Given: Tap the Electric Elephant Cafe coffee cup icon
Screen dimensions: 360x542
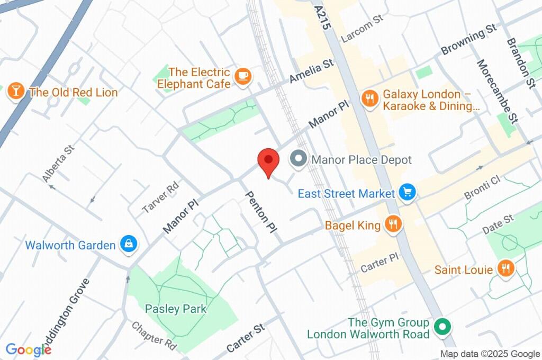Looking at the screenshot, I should [x=243, y=76].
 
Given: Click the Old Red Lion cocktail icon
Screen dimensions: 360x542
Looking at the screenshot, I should [x=15, y=92].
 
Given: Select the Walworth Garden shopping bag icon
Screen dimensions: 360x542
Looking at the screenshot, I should [x=129, y=244].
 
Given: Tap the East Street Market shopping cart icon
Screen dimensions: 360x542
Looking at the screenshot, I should [x=407, y=193].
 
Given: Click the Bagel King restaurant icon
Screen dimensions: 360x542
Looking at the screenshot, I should [x=392, y=224].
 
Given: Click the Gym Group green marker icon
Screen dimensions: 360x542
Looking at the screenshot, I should [x=440, y=327].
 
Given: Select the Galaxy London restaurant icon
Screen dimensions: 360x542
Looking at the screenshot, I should [x=369, y=98].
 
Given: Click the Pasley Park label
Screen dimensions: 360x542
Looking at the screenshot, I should [x=175, y=309].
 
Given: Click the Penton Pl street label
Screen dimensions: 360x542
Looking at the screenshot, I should [x=261, y=212].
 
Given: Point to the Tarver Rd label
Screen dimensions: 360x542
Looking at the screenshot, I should [x=161, y=197].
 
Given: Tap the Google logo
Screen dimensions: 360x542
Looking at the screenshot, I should [x=28, y=349].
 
